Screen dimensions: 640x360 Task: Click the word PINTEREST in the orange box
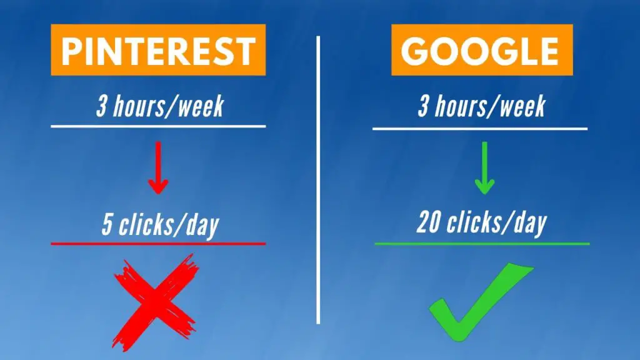158,51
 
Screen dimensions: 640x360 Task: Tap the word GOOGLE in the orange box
480,51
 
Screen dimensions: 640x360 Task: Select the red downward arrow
158,167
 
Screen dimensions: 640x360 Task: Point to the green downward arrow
484,167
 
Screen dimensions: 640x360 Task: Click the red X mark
156,302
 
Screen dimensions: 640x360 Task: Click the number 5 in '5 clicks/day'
107,225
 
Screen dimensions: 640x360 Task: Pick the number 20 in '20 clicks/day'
428,223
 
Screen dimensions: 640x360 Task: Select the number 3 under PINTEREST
101,106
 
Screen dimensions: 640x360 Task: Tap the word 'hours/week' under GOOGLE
490,106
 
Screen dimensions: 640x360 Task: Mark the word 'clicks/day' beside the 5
169,226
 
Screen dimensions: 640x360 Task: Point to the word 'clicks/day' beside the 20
497,224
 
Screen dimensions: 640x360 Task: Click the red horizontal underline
158,244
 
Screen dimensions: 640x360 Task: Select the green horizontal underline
482,244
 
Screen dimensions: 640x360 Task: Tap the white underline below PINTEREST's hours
158,126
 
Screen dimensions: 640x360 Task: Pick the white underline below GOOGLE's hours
480,129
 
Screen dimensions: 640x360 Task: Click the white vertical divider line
318,180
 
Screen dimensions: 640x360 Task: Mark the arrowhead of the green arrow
484,187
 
